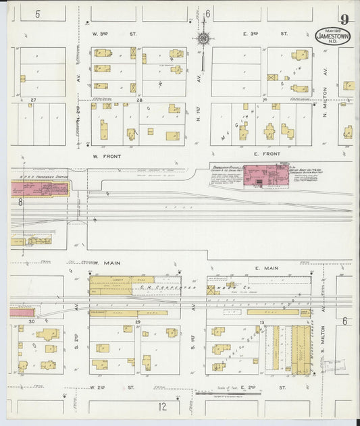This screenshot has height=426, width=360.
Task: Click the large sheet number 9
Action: point(345,20)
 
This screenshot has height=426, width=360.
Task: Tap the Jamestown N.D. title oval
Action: point(333,36)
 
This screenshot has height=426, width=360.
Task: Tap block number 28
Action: point(139,99)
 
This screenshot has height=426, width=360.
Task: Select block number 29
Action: point(138,323)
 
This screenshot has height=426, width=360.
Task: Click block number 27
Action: point(32,99)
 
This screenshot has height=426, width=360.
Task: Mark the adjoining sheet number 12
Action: point(162,406)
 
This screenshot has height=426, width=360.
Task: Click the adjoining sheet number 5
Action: point(38,14)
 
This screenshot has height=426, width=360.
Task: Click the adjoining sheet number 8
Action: point(21,201)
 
